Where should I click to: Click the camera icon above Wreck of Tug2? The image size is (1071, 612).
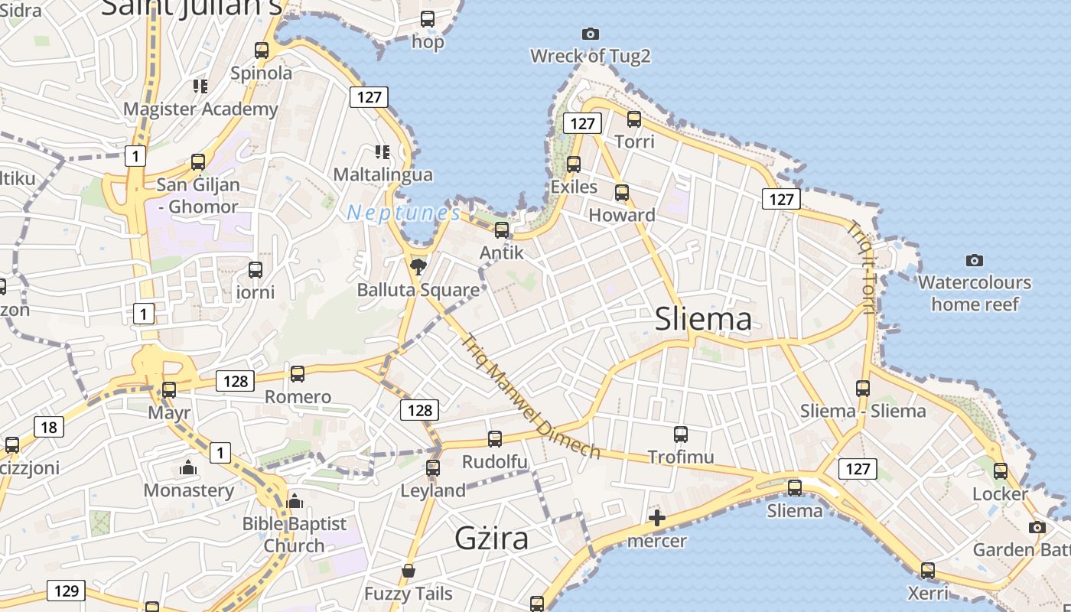tap(590, 34)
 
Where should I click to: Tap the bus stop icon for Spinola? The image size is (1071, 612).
tap(262, 50)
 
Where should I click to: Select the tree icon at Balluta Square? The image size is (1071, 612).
tap(418, 266)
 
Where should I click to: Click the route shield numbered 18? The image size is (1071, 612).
tap(49, 427)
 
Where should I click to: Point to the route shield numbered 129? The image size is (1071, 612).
tap(67, 591)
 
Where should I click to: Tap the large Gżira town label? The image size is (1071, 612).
tap(491, 539)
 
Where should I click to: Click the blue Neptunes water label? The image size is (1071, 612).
tap(403, 213)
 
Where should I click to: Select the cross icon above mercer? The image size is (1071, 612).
tap(656, 518)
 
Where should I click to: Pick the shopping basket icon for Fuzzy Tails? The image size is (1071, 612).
tap(409, 571)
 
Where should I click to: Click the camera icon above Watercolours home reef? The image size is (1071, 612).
tap(974, 260)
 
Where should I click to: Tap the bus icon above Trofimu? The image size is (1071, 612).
tap(681, 435)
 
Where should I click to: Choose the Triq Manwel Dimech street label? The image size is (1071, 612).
tap(531, 396)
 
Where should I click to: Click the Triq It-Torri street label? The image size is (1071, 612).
tap(862, 267)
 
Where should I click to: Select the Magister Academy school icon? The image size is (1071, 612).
tap(200, 86)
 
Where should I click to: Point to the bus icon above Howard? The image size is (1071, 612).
tap(622, 193)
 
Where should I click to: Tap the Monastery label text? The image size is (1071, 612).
tap(189, 490)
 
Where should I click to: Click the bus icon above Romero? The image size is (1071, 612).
tap(298, 373)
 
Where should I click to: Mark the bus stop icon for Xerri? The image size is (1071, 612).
tap(928, 570)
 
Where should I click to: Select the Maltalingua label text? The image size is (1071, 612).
tap(382, 174)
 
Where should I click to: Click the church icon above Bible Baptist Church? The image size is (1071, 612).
tap(295, 502)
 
